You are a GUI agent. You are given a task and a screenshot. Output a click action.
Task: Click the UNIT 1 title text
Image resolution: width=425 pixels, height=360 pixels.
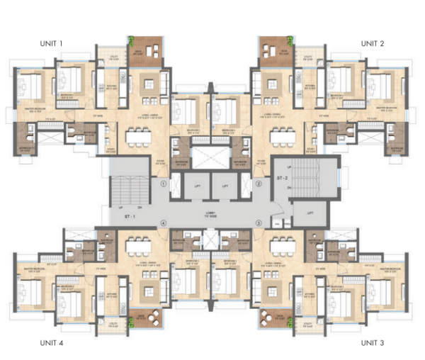point(52,44)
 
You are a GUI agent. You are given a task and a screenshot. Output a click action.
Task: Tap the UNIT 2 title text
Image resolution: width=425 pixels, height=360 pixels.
point(373,44)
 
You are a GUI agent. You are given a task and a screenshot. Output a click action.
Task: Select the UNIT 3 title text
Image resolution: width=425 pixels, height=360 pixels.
point(373,343)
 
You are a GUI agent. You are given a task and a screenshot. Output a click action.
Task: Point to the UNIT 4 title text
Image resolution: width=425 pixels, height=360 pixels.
point(52,343)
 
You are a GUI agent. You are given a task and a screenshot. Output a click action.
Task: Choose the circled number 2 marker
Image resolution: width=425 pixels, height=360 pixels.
point(259,183)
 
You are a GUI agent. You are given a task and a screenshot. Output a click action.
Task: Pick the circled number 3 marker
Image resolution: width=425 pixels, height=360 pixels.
point(259,223)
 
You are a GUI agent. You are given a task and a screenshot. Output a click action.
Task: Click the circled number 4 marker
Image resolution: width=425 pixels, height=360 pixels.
point(164,223)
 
